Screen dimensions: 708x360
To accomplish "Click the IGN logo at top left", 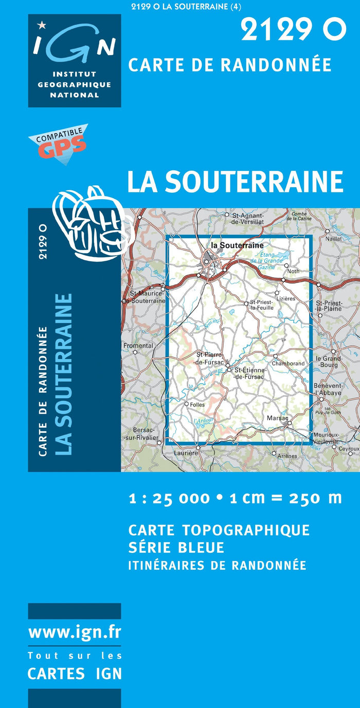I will pos(75,60).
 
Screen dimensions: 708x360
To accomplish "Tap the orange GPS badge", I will pos(59,144).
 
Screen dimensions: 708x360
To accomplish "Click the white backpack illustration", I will pos(93,223).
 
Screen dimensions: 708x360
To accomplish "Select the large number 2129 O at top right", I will pos(293,30).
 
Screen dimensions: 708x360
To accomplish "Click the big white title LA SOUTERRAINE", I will pos(235,182).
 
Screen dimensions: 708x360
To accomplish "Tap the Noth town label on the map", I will pos(293,271).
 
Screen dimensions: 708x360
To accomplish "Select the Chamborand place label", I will pos(288,364).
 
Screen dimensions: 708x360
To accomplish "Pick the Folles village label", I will pos(197,405).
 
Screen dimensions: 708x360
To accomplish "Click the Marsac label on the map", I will pos(277,418).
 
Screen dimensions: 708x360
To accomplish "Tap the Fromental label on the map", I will pos(138,346).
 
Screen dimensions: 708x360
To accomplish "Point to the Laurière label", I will pos(186,453).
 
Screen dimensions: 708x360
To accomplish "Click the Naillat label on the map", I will pos(333,239).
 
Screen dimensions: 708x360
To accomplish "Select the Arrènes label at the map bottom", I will pos(287,456).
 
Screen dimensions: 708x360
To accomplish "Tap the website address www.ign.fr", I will pos(75,631).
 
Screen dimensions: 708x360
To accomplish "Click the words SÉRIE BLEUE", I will pos(176,547).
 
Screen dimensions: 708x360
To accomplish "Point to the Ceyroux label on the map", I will pos(349,449).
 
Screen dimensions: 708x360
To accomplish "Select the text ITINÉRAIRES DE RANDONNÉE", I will pos(217,565).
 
